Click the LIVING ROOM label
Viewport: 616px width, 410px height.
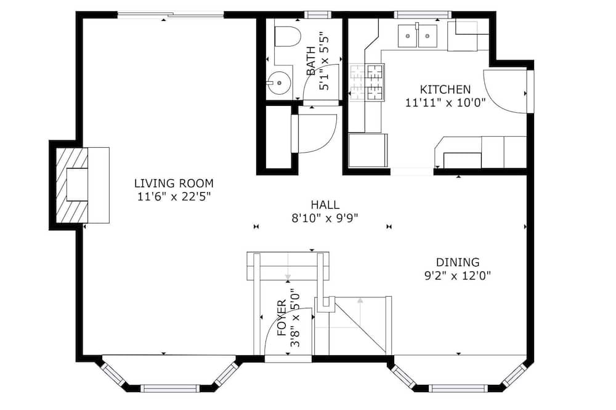pos(174,183)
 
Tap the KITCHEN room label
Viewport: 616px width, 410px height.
pos(445,89)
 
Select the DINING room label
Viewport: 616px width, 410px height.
pos(458,262)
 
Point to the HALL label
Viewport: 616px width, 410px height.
pos(325,204)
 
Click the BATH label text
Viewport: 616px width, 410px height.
pos(310,61)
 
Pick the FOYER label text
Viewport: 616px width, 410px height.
pos(282,318)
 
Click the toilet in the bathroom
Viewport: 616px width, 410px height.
pos(286,36)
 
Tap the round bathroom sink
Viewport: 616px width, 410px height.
pos(279,83)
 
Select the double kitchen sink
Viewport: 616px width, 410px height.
pos(418,36)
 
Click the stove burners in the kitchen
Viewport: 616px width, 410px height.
pos(367,82)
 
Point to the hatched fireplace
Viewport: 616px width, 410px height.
pos(72,185)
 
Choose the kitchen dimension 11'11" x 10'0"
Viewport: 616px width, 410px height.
pos(445,103)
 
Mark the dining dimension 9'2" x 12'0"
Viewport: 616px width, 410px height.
pos(458,276)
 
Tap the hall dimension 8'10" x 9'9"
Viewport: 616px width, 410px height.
pos(325,218)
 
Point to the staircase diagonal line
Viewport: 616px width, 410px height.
pos(362,325)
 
